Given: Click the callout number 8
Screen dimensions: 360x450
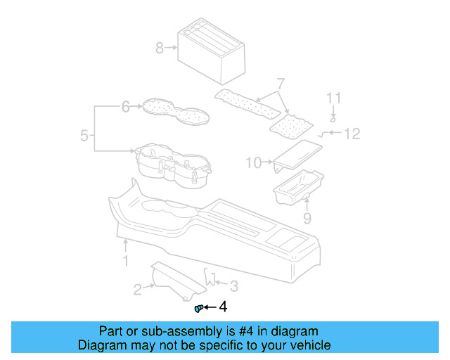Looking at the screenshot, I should pyautogui.click(x=159, y=48).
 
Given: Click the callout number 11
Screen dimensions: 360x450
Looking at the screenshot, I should pyautogui.click(x=335, y=98).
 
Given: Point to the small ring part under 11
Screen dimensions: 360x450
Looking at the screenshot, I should pyautogui.click(x=334, y=118).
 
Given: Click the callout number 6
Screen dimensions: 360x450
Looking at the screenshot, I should pyautogui.click(x=126, y=107).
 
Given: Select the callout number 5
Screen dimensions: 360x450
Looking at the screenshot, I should pyautogui.click(x=84, y=135).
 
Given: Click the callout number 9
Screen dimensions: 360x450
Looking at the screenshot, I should pyautogui.click(x=307, y=219).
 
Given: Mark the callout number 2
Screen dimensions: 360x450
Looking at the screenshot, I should pyautogui.click(x=138, y=289).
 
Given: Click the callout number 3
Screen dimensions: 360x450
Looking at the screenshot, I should pyautogui.click(x=235, y=285).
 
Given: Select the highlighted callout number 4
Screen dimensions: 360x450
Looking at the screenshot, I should pyautogui.click(x=223, y=307).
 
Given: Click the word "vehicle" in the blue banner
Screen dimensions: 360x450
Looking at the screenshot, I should pyautogui.click(x=307, y=345).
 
